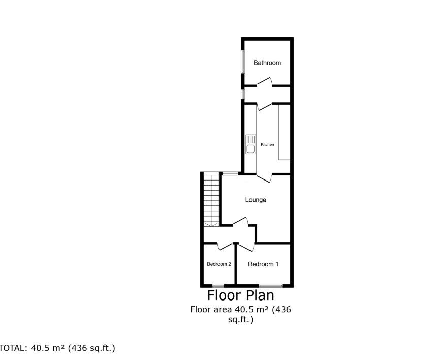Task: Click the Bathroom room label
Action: (267, 63)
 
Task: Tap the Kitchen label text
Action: (267, 145)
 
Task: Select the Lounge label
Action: (256, 200)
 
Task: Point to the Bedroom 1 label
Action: (263, 264)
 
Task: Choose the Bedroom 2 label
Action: (219, 264)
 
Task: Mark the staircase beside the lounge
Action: (211, 199)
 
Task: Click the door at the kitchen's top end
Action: (265, 106)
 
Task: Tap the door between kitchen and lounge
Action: (264, 177)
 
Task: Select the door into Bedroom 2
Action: (225, 245)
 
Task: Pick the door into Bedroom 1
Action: (247, 246)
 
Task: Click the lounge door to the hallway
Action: (240, 222)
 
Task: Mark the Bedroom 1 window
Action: (270, 285)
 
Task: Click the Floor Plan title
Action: (240, 295)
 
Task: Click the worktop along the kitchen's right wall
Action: (284, 132)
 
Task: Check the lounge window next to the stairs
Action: (230, 174)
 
